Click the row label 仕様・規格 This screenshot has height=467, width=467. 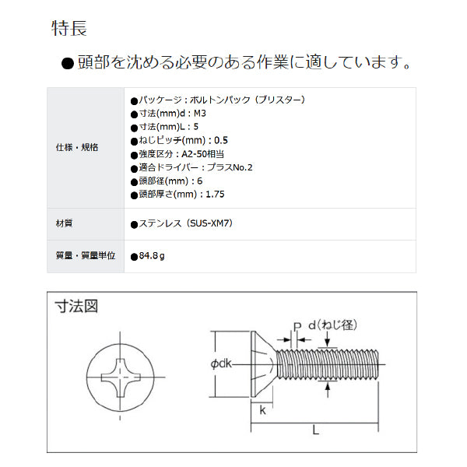(x=77, y=147)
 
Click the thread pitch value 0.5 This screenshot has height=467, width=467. (x=220, y=140)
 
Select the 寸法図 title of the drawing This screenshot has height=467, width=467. (x=77, y=307)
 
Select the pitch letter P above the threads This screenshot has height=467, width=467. (x=297, y=325)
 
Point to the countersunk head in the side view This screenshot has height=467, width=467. (x=260, y=363)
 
